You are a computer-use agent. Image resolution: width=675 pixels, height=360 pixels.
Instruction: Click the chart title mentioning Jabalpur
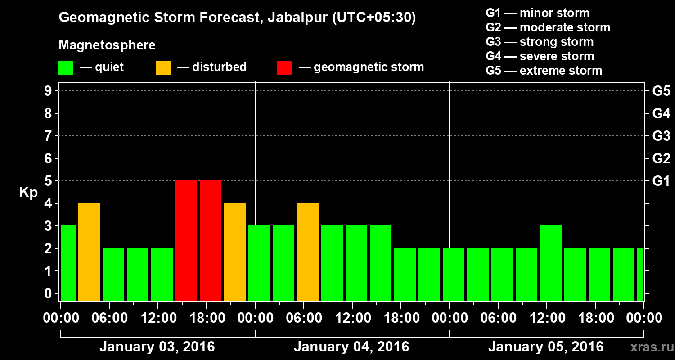point(237,18)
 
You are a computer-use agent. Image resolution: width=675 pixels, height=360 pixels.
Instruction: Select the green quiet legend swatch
point(66,68)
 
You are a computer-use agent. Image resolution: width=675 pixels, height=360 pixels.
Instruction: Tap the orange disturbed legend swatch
point(163,68)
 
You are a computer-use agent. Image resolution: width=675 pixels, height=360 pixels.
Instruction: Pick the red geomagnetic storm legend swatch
point(284,68)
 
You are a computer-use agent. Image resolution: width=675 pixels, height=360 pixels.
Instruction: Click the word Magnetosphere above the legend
point(107,45)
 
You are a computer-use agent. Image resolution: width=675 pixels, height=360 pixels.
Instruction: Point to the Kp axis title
point(28,192)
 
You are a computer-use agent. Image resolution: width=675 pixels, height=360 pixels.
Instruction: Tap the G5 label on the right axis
point(661,91)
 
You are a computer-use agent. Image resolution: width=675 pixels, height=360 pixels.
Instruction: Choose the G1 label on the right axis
point(661,181)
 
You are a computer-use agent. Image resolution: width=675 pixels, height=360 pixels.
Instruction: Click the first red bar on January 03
point(186,240)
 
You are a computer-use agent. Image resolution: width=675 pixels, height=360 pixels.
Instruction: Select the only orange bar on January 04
point(308,252)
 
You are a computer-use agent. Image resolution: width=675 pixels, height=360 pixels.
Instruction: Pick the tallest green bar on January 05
point(551,263)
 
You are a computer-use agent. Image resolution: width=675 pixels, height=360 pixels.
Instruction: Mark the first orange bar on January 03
point(89,252)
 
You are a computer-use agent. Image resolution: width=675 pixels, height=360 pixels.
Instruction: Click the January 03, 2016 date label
point(157,347)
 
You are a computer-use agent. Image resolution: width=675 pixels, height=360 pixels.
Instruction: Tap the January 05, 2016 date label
point(546,347)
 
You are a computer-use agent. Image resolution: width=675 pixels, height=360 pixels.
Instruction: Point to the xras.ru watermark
point(648,347)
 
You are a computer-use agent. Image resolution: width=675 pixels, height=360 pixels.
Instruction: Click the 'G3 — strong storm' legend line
point(540,42)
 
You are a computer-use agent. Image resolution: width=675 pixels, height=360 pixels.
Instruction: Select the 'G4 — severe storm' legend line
point(540,56)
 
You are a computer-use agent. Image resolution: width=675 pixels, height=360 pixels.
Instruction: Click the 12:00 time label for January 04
point(353,318)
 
